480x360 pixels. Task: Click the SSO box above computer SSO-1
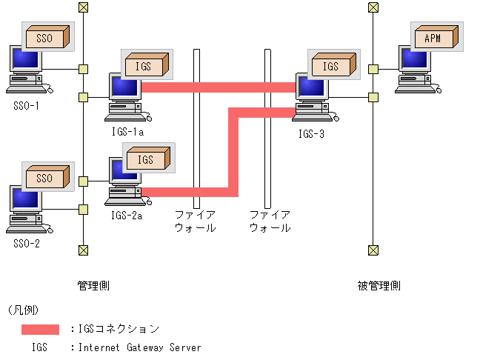click(47, 37)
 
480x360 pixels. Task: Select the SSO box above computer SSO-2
click(47, 176)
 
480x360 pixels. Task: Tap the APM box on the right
click(436, 37)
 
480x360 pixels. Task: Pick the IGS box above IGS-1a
click(147, 64)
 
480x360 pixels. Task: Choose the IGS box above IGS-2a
click(148, 158)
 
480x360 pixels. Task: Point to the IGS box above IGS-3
click(333, 64)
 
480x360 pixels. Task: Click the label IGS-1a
click(127, 132)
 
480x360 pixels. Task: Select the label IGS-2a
click(127, 216)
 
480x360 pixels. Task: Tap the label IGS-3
click(311, 134)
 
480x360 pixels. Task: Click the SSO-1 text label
click(27, 106)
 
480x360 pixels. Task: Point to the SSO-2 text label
click(27, 244)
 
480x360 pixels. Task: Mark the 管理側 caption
click(93, 286)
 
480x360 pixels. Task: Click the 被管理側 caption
click(379, 286)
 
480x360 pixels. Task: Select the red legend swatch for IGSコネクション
click(40, 330)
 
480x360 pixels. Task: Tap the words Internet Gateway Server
click(139, 347)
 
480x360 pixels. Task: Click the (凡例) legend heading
click(24, 310)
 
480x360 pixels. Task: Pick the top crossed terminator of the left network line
click(83, 7)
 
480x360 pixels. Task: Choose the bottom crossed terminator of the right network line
click(373, 250)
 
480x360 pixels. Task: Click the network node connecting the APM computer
click(373, 69)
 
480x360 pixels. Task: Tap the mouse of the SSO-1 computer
click(50, 90)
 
